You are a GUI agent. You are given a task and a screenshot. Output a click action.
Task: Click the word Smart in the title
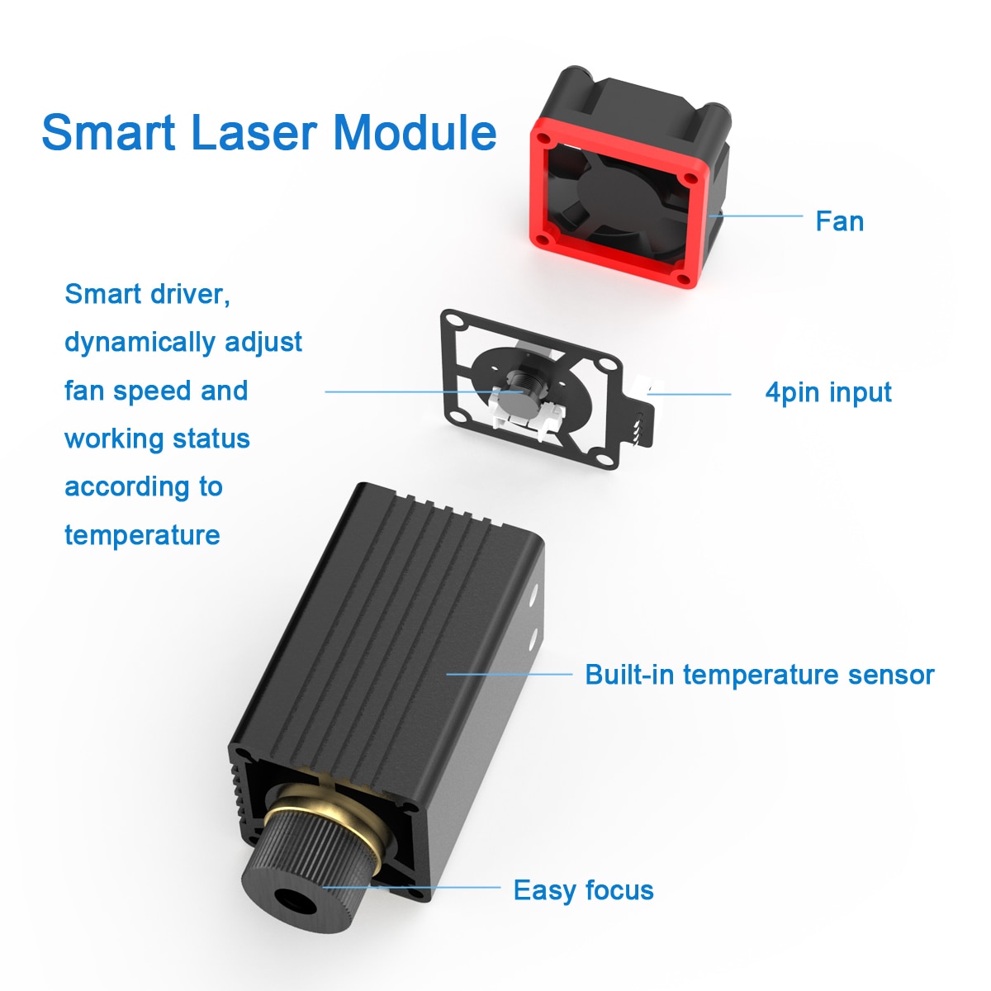click(108, 132)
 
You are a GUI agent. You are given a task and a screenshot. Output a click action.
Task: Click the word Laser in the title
click(254, 132)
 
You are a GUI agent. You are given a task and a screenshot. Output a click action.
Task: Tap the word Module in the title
click(415, 132)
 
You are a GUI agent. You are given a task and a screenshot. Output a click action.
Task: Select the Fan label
click(839, 221)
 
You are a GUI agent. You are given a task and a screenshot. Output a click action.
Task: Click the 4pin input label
click(828, 393)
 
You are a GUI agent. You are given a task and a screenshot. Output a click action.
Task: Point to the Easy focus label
click(583, 890)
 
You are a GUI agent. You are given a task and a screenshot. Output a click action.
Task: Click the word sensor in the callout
click(891, 676)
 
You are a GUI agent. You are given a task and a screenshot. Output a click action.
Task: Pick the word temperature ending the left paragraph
click(142, 535)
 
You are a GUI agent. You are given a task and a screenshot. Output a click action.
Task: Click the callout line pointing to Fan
click(756, 216)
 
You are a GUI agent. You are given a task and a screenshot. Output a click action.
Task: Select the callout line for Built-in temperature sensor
click(510, 674)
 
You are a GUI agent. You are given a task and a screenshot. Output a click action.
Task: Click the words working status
click(158, 439)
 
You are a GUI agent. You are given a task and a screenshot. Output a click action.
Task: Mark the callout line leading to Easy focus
click(411, 888)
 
